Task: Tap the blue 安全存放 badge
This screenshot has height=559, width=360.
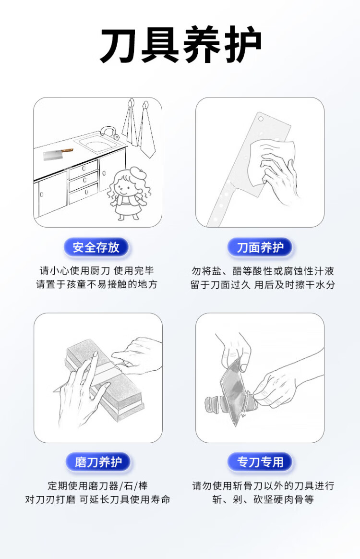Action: [96, 247]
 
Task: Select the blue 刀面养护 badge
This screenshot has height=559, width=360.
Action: [260, 247]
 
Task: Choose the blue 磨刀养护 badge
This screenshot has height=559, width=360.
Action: [98, 462]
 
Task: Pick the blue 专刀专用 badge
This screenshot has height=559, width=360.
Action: [260, 462]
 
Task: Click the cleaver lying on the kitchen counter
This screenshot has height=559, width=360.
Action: [57, 154]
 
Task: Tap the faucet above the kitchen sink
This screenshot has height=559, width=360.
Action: [108, 132]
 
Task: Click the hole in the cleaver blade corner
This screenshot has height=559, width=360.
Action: [261, 118]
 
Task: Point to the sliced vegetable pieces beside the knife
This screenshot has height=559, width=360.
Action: [216, 404]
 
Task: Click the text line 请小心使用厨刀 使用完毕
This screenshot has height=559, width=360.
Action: [96, 270]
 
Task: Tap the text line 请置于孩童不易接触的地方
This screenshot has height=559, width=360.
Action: [96, 284]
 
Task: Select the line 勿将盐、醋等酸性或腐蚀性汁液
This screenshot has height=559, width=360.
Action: [263, 271]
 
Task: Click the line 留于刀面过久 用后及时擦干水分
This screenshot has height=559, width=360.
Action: [263, 284]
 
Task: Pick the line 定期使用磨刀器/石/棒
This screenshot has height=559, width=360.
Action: [97, 486]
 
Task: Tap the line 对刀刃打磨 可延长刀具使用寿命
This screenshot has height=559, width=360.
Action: [97, 499]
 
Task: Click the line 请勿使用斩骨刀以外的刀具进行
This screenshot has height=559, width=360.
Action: [263, 486]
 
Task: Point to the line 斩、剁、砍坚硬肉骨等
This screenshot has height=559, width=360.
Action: [263, 499]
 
